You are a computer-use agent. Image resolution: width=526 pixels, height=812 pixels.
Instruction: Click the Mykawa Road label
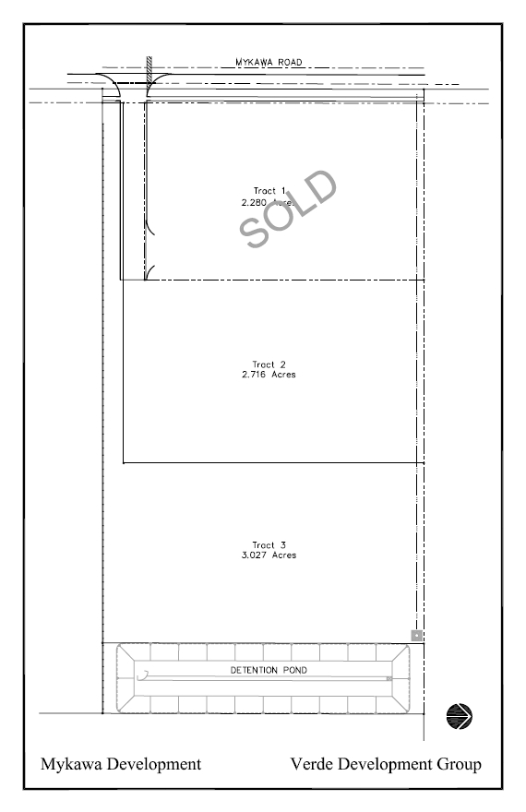tap(269, 62)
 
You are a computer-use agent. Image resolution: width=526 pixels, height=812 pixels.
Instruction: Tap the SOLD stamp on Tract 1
tap(288, 209)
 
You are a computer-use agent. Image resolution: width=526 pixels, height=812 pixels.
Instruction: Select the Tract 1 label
tap(269, 191)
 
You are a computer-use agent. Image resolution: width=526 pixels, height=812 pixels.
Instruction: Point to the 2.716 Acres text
tap(269, 375)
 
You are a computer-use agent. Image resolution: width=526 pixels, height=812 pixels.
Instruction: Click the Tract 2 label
tap(269, 364)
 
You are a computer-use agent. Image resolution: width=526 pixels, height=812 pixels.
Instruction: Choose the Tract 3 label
tap(269, 544)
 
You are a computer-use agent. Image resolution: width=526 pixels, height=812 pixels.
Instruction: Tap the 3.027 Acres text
tap(269, 555)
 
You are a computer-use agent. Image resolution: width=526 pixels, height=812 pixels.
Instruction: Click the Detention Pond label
tap(269, 670)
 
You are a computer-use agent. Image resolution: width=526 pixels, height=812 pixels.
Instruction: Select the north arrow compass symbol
tap(460, 717)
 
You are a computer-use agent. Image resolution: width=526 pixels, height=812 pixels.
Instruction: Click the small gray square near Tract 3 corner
tap(417, 636)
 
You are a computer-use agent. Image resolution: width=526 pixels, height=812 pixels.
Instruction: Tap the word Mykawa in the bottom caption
tap(71, 765)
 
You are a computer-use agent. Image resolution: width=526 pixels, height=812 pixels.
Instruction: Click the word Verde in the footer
tap(312, 764)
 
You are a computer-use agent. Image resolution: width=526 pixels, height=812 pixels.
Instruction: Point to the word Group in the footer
tap(460, 765)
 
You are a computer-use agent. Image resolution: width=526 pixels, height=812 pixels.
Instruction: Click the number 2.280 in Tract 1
tap(254, 202)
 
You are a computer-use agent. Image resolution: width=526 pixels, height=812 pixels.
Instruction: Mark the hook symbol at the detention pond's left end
tap(143, 675)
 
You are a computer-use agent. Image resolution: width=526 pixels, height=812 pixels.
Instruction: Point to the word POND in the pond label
tap(295, 670)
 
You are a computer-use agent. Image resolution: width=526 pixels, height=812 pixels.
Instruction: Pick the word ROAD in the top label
tap(290, 62)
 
